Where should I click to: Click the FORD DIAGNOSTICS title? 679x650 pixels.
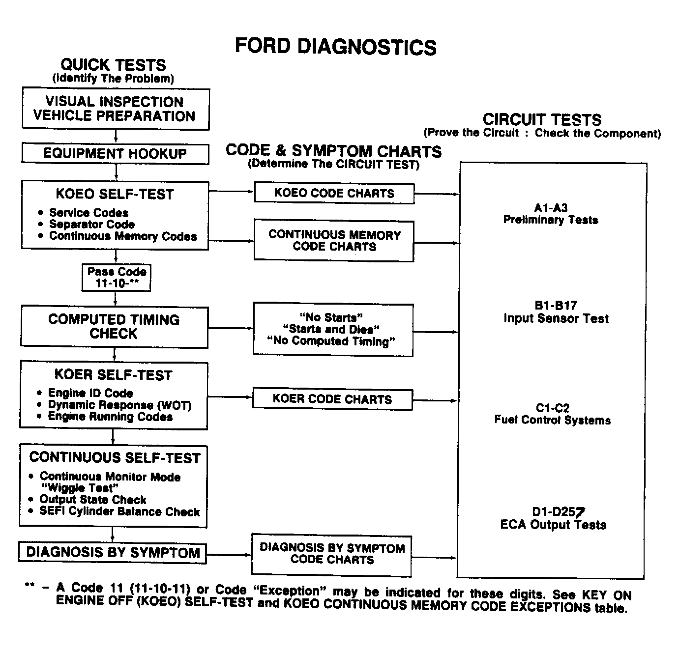pos(335,47)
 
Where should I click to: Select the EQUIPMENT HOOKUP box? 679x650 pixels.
pos(115,153)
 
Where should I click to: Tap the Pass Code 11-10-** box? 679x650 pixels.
pos(117,278)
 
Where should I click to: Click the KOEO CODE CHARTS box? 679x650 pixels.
pos(334,193)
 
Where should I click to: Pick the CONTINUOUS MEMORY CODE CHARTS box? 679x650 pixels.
pos(334,241)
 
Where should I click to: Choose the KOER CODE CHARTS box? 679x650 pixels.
pos(332,399)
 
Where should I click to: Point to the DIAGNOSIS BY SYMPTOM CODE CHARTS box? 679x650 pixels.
pos(332,554)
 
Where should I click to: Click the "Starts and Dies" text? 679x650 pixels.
pos(331,329)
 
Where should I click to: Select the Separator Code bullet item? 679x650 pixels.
pos(91,225)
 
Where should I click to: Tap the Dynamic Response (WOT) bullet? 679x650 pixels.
pos(119,405)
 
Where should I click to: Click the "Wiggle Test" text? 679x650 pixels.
pos(80,488)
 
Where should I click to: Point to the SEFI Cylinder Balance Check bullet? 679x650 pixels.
pos(119,512)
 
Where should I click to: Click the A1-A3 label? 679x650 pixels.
pos(551,208)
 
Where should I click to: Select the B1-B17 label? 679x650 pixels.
pos(556,306)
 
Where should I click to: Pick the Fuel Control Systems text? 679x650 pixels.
pos(553,420)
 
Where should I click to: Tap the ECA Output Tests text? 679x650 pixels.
pos(553,525)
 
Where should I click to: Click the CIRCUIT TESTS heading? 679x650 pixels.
pos(542,119)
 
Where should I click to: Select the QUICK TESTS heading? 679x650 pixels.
pos(113,65)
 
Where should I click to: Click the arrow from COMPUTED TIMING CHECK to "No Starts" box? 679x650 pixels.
pos(230,328)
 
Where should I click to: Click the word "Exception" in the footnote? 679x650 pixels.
pos(290,591)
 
